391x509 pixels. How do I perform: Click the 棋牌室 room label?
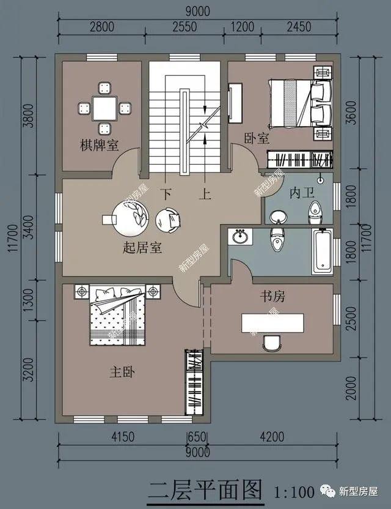coord(99,145)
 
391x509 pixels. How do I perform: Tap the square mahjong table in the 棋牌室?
coord(104,108)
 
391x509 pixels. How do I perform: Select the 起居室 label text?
coord(142,248)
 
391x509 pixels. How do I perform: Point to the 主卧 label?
coord(122,372)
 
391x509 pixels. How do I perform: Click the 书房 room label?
coord(272,296)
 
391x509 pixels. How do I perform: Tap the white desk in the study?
coord(272,323)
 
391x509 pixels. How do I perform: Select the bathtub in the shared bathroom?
coord(322,251)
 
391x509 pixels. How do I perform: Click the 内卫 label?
coord(302,193)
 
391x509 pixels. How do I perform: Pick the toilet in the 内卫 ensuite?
coord(315,213)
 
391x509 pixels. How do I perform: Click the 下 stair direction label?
coord(167,194)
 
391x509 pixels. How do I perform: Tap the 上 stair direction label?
coord(205,194)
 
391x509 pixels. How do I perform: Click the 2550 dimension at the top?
coord(185,27)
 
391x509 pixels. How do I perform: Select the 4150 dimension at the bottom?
coord(123,437)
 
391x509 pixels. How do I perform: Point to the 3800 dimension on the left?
coord(29,116)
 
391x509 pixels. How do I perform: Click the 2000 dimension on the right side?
coord(351,388)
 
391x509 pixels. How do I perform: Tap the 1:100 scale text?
coord(294,492)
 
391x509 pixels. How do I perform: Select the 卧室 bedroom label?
coord(257,139)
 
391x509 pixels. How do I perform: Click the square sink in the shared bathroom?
coord(240,236)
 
